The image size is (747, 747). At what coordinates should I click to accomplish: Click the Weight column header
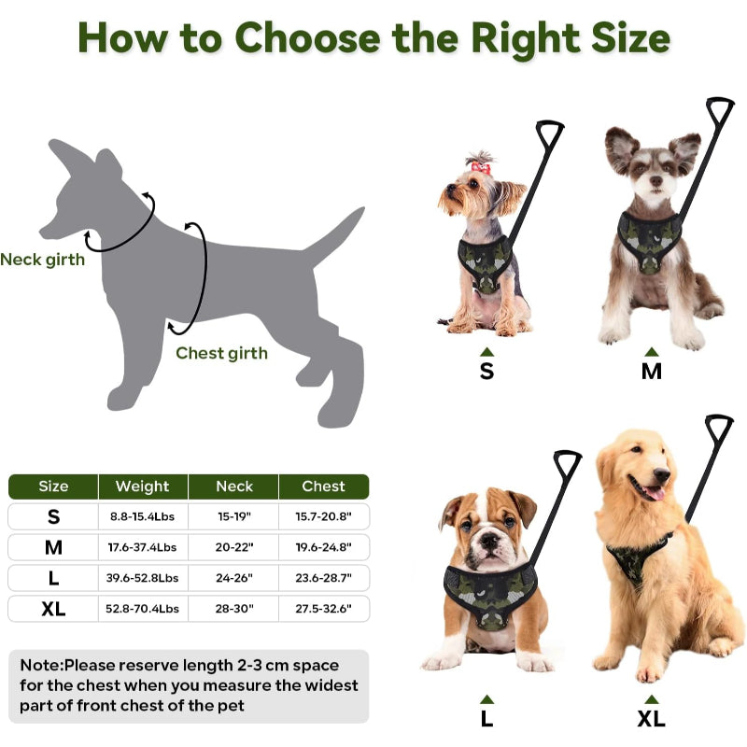click(x=142, y=486)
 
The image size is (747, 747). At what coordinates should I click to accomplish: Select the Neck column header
click(x=234, y=486)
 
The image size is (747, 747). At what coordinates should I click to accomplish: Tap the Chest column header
click(x=323, y=486)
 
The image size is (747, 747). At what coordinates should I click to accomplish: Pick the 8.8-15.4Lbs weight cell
click(x=142, y=516)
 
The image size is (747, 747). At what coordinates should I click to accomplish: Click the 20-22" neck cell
click(x=234, y=547)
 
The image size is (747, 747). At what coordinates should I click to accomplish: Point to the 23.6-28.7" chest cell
click(x=323, y=578)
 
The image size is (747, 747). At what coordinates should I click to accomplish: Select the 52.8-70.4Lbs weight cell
click(x=142, y=609)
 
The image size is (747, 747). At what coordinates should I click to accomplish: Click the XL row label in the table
click(x=53, y=609)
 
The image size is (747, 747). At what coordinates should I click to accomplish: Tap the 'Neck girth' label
click(x=42, y=260)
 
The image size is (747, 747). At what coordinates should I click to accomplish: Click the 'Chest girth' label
click(x=221, y=353)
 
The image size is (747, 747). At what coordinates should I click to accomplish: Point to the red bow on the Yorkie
click(x=481, y=167)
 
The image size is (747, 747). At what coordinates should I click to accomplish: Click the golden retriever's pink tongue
click(x=655, y=493)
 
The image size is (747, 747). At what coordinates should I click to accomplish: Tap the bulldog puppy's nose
click(x=490, y=541)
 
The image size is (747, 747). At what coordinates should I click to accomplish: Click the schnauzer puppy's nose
click(x=656, y=180)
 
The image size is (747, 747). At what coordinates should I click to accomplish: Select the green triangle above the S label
click(x=486, y=352)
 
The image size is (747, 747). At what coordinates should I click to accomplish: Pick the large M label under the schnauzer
click(x=651, y=372)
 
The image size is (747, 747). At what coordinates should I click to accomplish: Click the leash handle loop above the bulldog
click(x=567, y=463)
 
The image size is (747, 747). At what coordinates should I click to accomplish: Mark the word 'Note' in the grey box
click(x=41, y=665)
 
